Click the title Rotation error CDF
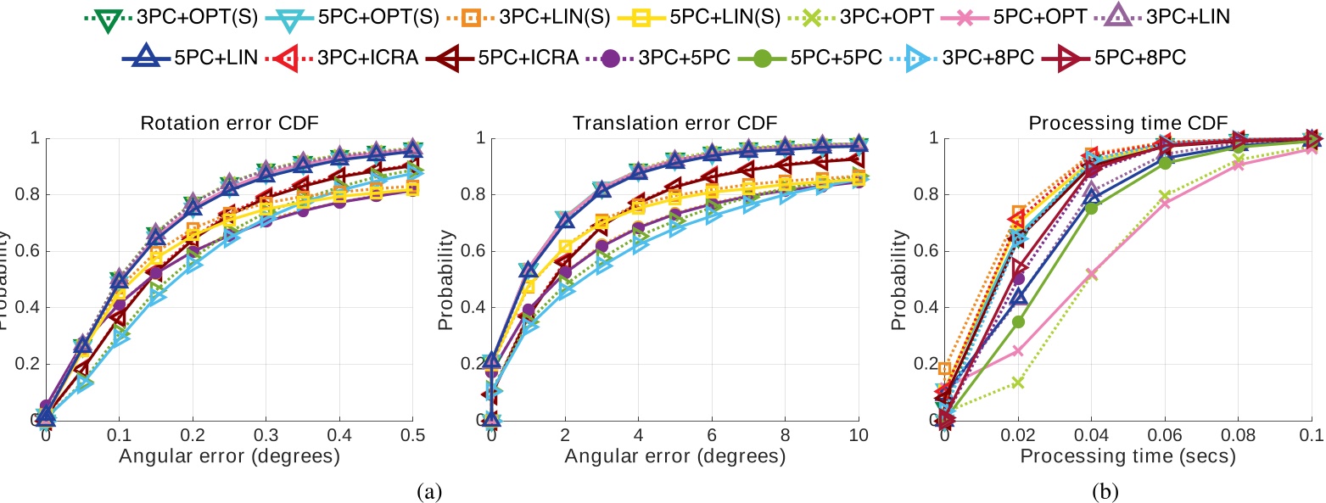pos(228,124)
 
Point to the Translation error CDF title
pos(675,124)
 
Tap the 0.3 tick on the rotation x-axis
pos(266,435)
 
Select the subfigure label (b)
pos(1128,490)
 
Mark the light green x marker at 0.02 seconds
pos(1018,383)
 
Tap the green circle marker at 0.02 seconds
pos(1018,321)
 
